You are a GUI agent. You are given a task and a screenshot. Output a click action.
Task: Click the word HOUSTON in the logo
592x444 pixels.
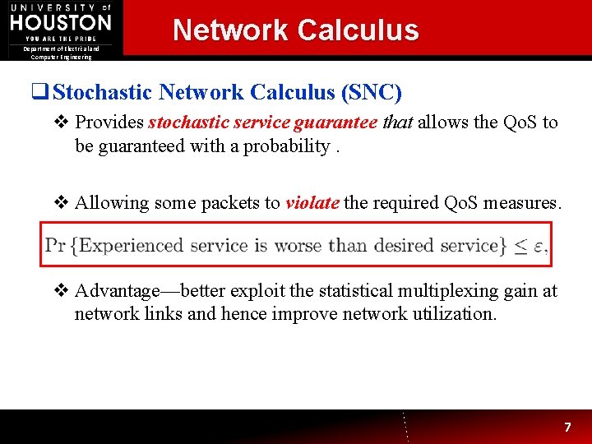tap(60, 22)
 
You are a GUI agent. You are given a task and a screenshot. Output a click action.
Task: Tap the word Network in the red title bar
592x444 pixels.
tap(229, 30)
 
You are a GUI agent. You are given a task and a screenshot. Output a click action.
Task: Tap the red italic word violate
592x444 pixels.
tap(312, 203)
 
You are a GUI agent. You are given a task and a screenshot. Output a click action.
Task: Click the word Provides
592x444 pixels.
tap(109, 123)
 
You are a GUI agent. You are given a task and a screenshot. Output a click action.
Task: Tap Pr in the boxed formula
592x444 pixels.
tap(56, 245)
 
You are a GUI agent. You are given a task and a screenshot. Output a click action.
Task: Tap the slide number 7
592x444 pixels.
tap(567, 428)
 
